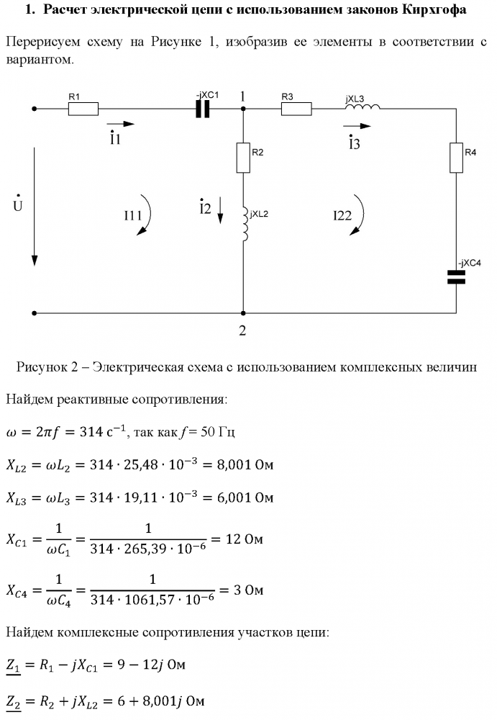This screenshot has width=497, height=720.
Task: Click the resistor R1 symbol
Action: tap(83, 109)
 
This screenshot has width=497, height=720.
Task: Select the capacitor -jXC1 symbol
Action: tap(202, 109)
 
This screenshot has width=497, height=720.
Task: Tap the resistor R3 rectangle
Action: tap(296, 109)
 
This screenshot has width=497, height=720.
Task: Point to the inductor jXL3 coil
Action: tap(363, 107)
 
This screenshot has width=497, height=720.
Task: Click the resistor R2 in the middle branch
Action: tap(243, 158)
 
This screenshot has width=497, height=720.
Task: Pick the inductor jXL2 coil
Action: tap(245, 224)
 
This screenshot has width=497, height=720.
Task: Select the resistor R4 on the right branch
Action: tap(456, 158)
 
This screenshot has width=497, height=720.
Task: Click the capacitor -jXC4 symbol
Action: tap(456, 277)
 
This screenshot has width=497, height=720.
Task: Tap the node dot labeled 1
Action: tap(243, 109)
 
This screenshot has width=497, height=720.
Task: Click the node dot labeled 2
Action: tap(243, 313)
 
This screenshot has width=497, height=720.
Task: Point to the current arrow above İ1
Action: tap(121, 124)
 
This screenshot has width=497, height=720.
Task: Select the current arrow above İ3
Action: tap(357, 125)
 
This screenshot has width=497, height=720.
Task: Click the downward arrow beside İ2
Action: tap(220, 210)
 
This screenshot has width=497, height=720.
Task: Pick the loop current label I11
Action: tap(132, 215)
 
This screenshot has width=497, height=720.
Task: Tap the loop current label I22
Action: tap(342, 215)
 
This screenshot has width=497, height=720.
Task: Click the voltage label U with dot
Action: tap(18, 204)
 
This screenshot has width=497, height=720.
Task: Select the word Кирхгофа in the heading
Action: tap(434, 9)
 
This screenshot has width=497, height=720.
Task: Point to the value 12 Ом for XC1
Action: tap(244, 539)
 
